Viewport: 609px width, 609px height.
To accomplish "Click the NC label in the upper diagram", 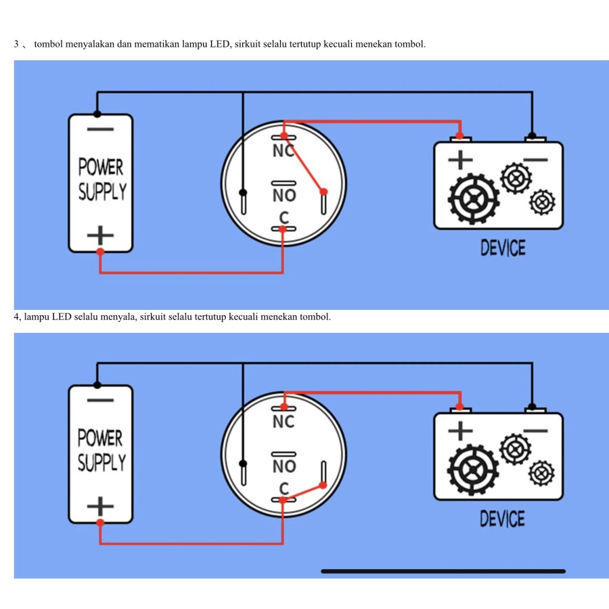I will point(284,151).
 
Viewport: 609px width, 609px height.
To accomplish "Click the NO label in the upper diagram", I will point(284,196).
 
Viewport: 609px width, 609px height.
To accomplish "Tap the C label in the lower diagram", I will point(284,489).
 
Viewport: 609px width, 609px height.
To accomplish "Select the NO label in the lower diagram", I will point(284,466).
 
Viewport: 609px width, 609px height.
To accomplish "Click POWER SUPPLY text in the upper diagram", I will point(101,179).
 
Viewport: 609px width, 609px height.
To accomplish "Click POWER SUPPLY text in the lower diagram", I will point(101,450).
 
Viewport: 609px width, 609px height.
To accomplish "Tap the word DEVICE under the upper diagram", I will point(503,248).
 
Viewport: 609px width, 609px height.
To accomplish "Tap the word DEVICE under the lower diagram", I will point(503,519).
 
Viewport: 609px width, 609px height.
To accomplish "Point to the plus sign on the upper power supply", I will point(100,235).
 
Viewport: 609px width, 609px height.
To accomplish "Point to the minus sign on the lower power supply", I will point(100,400).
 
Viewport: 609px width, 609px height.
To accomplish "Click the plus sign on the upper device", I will point(460,160).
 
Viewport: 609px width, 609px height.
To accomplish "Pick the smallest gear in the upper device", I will point(543,202).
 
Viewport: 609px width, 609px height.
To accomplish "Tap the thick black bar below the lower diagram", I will point(443,571).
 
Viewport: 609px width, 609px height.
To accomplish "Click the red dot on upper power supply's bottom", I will point(100,252).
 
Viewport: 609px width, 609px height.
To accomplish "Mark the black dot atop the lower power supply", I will point(97,384).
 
